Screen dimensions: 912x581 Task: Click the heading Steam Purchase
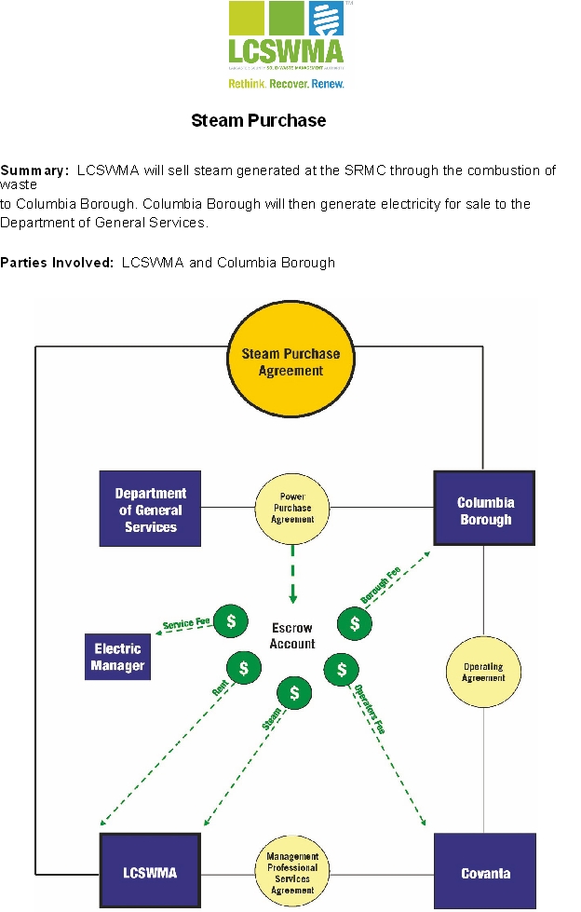click(x=258, y=120)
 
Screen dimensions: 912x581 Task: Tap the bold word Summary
click(x=34, y=170)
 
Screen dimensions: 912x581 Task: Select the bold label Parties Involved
click(x=59, y=263)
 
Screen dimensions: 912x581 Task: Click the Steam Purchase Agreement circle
click(x=290, y=362)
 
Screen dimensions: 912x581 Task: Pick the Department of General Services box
click(x=150, y=509)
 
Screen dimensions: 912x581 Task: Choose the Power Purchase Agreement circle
click(x=292, y=509)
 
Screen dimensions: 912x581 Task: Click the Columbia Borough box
click(x=485, y=510)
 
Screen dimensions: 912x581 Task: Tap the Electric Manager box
click(x=117, y=657)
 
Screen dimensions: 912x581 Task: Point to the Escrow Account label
click(x=292, y=635)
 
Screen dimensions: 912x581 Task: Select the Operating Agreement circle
click(x=483, y=672)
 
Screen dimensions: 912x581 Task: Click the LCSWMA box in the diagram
click(x=150, y=873)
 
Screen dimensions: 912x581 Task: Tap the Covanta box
click(x=485, y=873)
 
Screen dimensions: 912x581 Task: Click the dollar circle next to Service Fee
click(x=231, y=620)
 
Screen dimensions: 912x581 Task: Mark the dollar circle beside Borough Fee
click(x=354, y=622)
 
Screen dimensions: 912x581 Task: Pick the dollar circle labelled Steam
click(x=295, y=693)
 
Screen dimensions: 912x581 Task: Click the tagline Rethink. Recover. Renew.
click(x=286, y=83)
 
